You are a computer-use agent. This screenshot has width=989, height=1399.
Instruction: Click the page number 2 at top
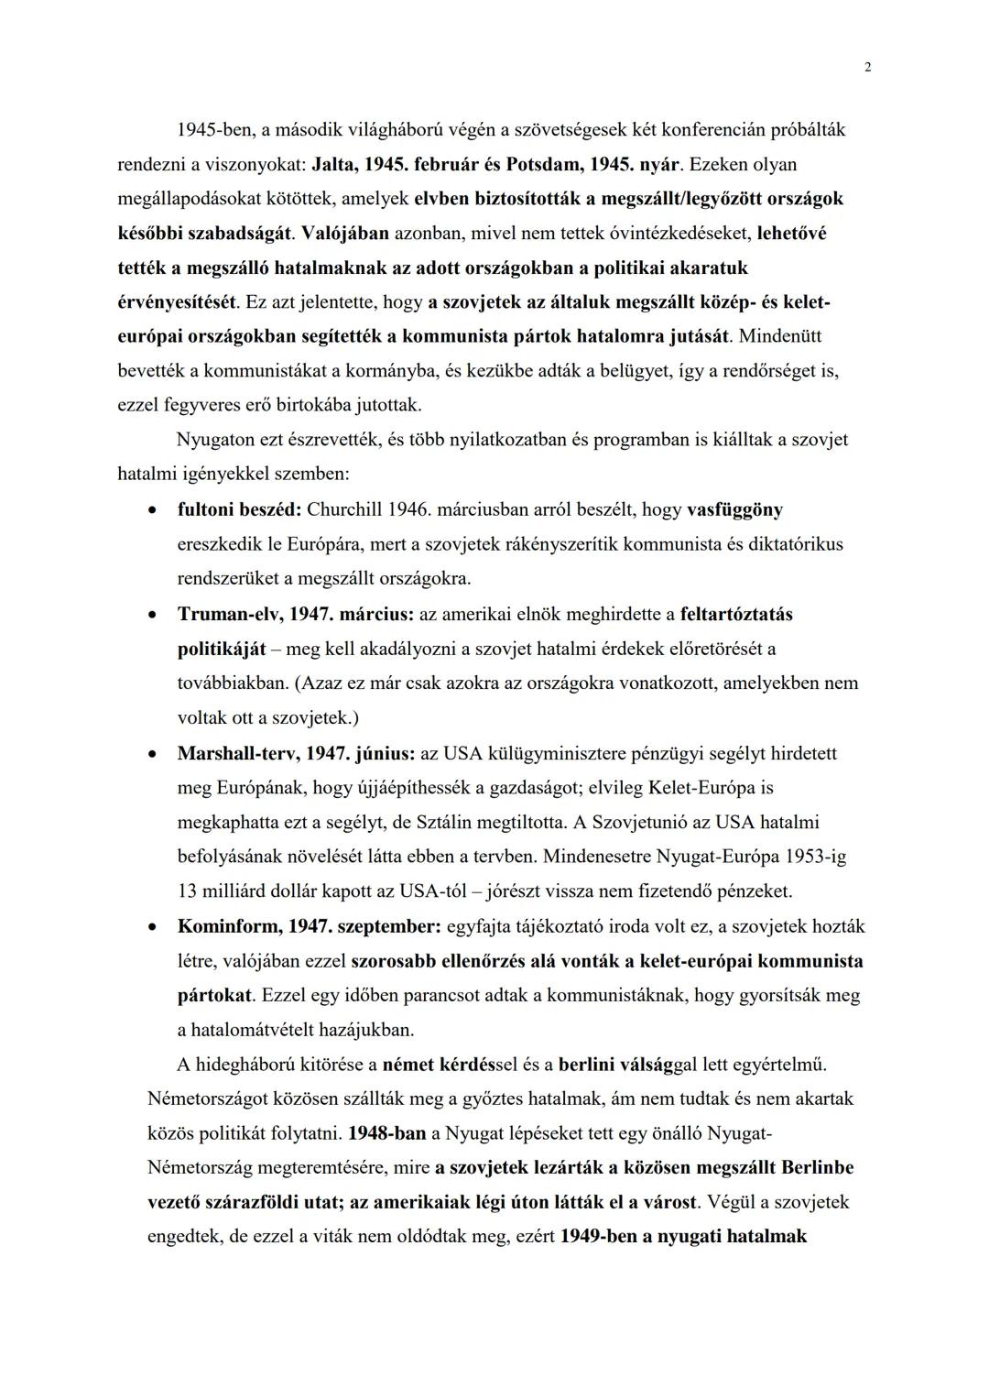(x=867, y=67)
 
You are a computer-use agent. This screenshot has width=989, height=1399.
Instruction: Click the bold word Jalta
(x=333, y=165)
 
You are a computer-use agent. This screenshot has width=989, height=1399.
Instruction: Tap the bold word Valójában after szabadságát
(x=345, y=234)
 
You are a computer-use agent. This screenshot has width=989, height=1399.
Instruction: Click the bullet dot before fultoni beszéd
(x=155, y=509)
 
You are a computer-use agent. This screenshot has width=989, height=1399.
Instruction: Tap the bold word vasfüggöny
(x=734, y=509)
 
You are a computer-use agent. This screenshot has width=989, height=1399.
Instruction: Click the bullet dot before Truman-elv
(x=155, y=614)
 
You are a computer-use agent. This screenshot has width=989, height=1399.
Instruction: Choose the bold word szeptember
(x=389, y=926)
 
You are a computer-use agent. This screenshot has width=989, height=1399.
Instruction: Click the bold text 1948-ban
(x=386, y=1133)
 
